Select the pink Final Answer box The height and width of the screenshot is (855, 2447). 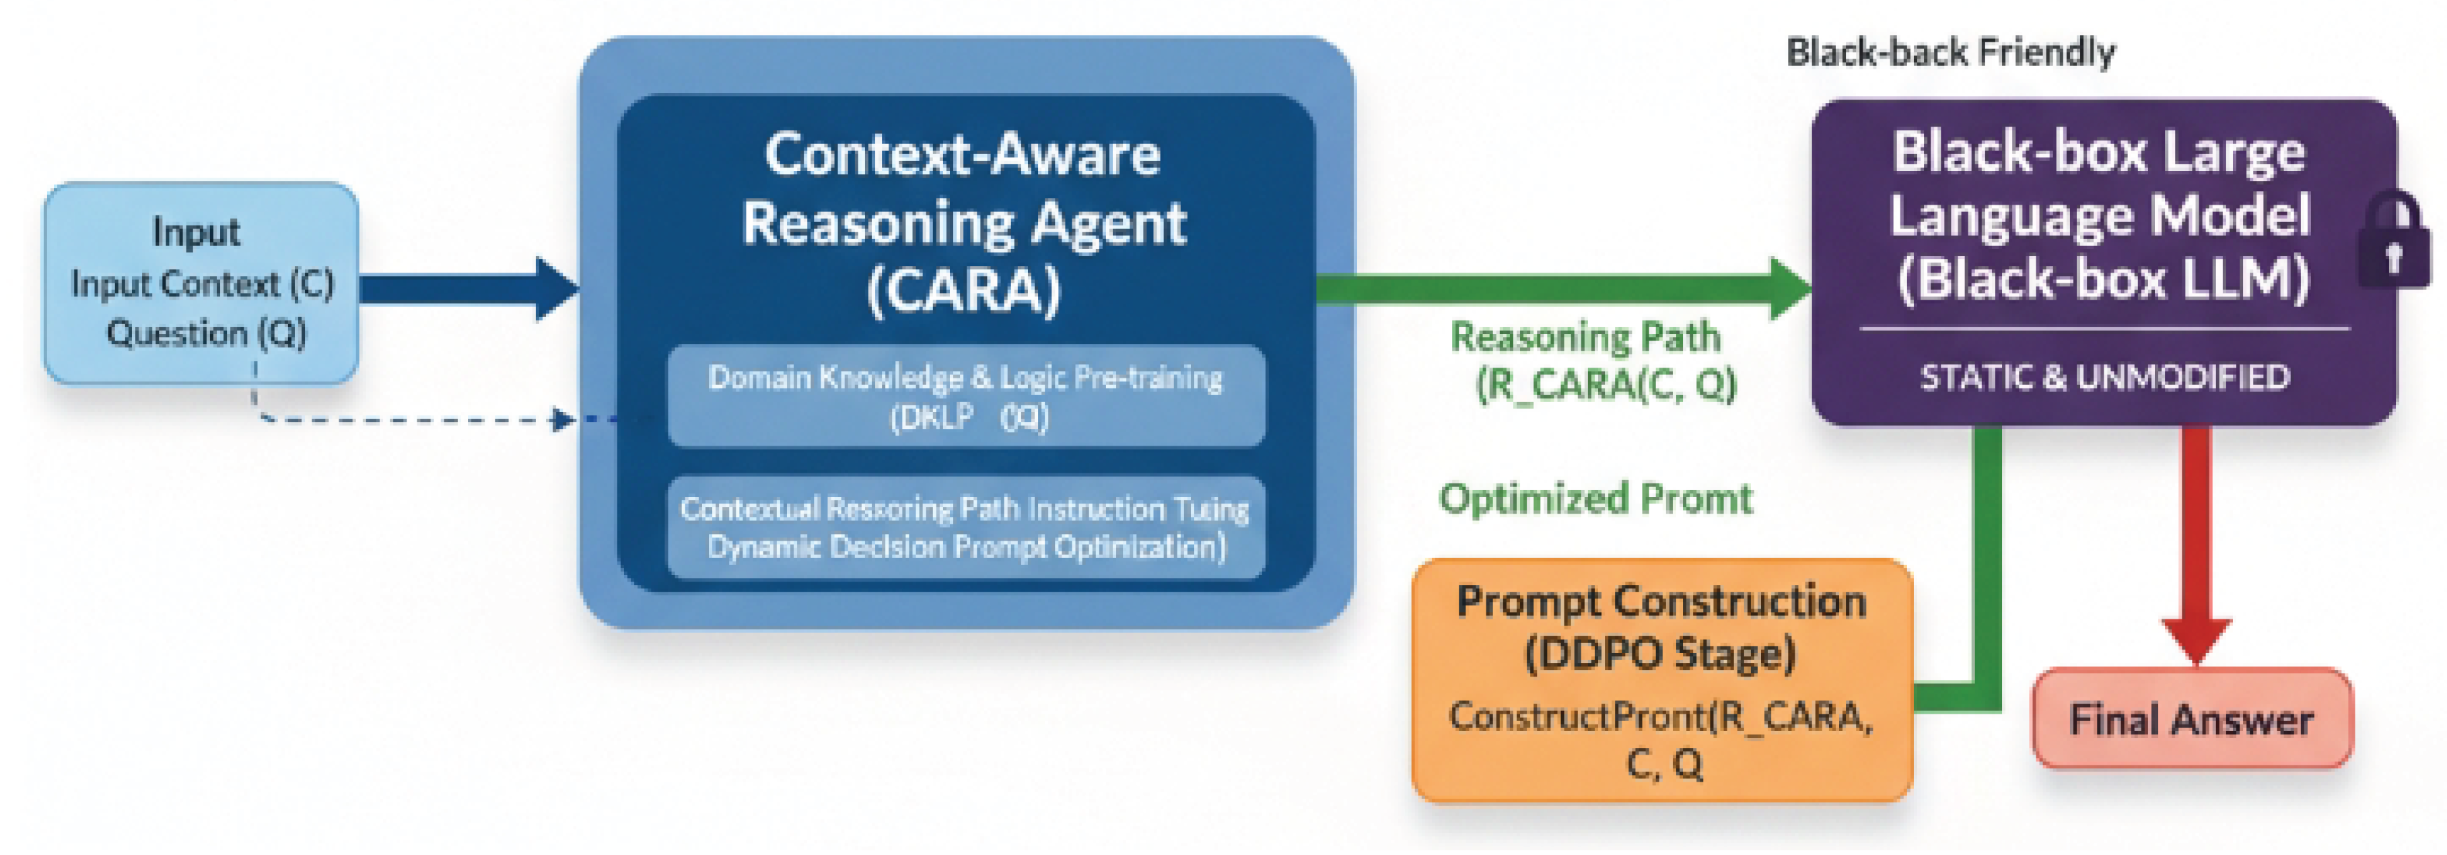point(2191,719)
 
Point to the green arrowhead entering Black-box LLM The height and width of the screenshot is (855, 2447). point(1791,288)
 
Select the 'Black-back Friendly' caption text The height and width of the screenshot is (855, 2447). point(1950,53)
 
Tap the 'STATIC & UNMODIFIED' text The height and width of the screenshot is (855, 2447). point(2104,377)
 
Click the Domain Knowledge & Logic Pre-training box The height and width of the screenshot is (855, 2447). point(965,396)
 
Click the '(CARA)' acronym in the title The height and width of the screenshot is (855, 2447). point(963,289)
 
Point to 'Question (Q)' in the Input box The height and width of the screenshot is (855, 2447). point(206,333)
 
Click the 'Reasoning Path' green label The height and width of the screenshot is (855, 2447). point(1585,337)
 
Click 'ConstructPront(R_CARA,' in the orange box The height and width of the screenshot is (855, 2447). point(1661,716)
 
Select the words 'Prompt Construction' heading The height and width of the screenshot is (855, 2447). point(1661,601)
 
